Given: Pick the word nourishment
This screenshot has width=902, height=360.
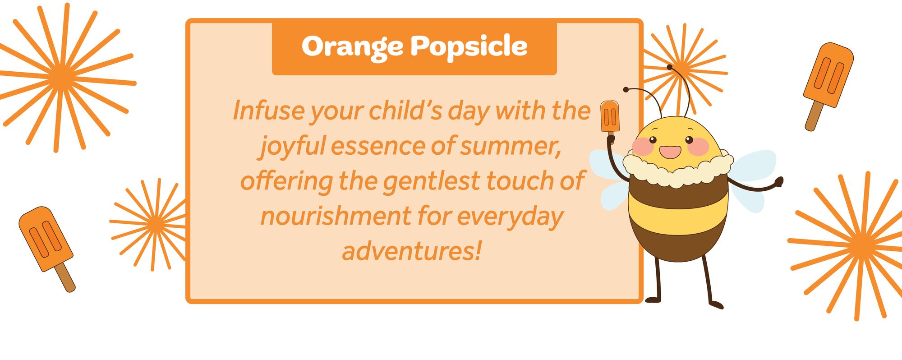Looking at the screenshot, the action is click(336, 217).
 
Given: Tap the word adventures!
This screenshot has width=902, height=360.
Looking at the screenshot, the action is click(412, 251).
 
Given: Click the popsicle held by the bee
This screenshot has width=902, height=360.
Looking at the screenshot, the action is click(610, 118).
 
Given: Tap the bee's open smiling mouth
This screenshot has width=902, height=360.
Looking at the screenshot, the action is click(670, 152).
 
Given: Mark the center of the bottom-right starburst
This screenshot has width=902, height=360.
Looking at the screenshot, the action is click(862, 245).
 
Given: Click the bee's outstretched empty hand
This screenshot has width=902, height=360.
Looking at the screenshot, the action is click(778, 182).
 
